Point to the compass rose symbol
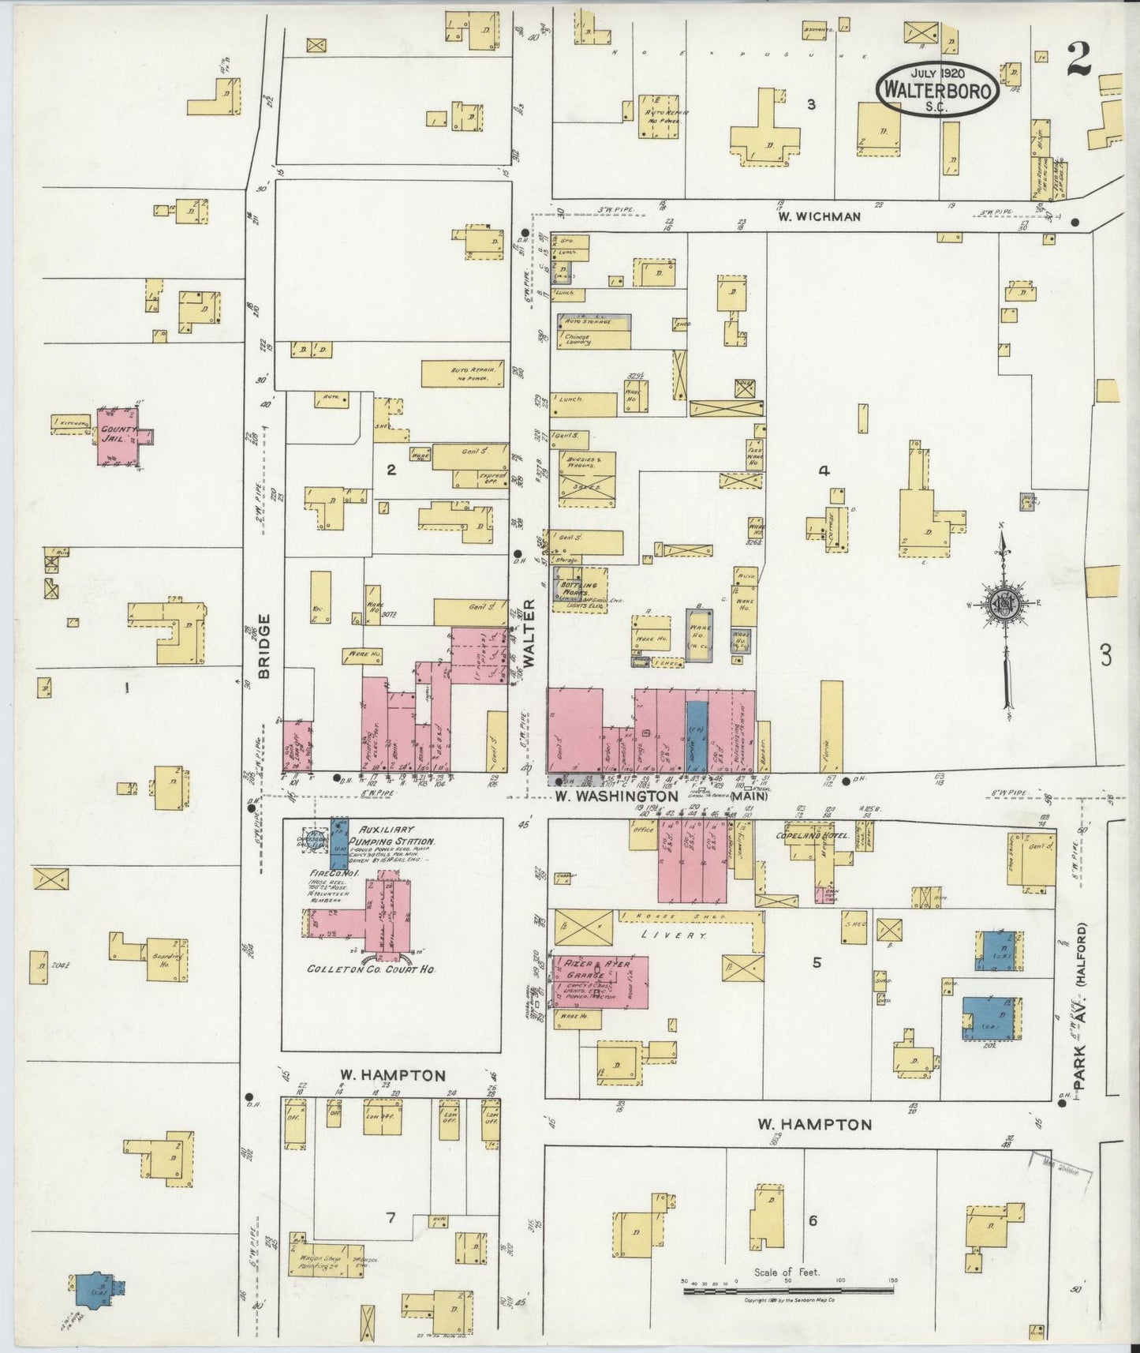[x=1006, y=605]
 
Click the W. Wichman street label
[x=817, y=216]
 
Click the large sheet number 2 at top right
[x=1079, y=60]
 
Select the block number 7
[x=391, y=1218]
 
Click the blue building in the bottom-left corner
[x=98, y=1289]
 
